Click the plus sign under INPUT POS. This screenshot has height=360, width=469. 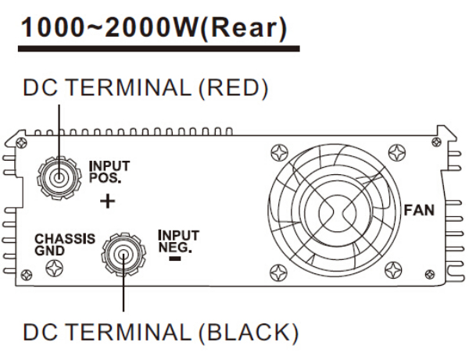(x=109, y=201)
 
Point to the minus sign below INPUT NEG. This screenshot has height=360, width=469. (x=174, y=258)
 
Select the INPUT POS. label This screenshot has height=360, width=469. (x=109, y=169)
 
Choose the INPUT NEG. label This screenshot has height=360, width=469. (x=177, y=241)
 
